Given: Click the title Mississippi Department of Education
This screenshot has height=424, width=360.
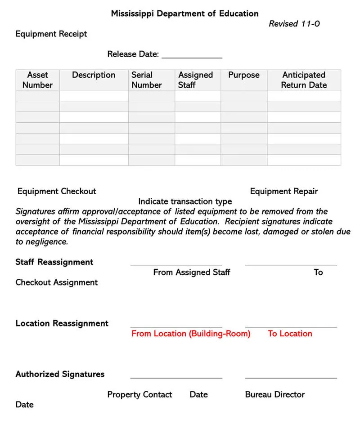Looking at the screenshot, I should pyautogui.click(x=184, y=13).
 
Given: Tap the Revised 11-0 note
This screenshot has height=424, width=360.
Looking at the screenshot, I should pyautogui.click(x=294, y=24).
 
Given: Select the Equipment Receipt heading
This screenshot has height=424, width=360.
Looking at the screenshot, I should pyautogui.click(x=51, y=34).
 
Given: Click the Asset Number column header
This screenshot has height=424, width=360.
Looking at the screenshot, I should pyautogui.click(x=37, y=80).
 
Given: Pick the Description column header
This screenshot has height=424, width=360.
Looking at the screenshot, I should pyautogui.click(x=94, y=75).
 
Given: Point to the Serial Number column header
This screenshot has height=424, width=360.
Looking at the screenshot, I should pyautogui.click(x=146, y=80).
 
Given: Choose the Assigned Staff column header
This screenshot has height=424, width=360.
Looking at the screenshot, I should pyautogui.click(x=195, y=80).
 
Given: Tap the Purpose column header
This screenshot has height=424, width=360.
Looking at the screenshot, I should pyautogui.click(x=243, y=75).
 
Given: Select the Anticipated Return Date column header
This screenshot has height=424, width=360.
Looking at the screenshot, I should pyautogui.click(x=304, y=80).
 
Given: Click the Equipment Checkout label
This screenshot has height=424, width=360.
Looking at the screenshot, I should pyautogui.click(x=57, y=191).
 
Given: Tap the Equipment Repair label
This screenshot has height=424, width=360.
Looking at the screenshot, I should pyautogui.click(x=283, y=191).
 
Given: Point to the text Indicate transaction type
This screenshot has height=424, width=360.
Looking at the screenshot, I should pyautogui.click(x=185, y=201).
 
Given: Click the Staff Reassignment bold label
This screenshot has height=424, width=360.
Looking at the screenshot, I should pyautogui.click(x=54, y=262).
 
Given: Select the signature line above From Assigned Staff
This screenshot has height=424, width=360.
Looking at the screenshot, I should pyautogui.click(x=176, y=265).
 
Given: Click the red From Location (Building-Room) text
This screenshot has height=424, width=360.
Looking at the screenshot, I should pyautogui.click(x=191, y=334).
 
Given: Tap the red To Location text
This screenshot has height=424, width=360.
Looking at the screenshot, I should pyautogui.click(x=290, y=334).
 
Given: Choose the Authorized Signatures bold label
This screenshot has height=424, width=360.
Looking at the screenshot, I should pyautogui.click(x=60, y=374).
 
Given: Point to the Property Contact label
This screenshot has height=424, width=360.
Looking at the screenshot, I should pyautogui.click(x=139, y=394).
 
